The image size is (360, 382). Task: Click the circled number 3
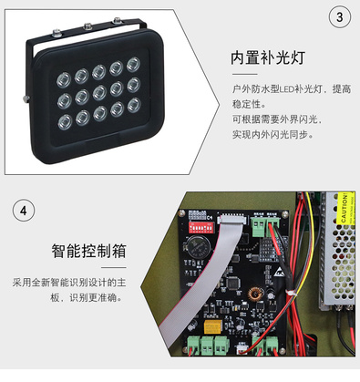(x=340, y=17)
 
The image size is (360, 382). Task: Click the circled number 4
(x=24, y=211)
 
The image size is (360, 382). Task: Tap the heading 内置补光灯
(x=268, y=57)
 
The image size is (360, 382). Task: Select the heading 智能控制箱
(x=88, y=251)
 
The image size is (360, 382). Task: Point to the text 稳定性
(x=246, y=104)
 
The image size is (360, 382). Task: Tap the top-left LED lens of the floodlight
(x=64, y=79)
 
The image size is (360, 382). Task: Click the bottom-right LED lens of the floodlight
(x=134, y=105)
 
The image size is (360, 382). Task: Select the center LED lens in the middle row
(x=99, y=92)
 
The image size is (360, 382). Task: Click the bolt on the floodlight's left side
(x=26, y=98)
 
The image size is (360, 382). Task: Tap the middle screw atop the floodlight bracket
(x=88, y=26)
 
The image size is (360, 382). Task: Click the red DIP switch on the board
(x=201, y=227)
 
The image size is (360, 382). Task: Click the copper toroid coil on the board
(x=256, y=294)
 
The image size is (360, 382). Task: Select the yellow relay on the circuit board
(x=213, y=326)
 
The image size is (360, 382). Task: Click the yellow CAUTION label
(x=346, y=208)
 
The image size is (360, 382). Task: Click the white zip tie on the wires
(x=291, y=293)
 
